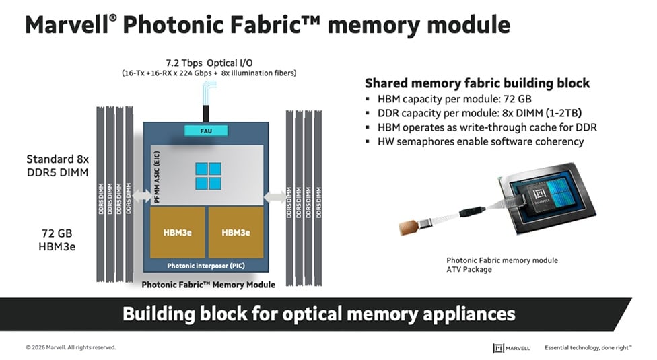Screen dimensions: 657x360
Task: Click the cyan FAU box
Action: (x=206, y=131)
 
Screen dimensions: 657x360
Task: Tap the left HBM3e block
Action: (x=178, y=232)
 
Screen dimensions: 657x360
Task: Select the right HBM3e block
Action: (x=236, y=232)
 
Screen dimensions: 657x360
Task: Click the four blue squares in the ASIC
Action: (x=208, y=176)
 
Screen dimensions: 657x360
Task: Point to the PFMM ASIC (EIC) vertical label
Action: (x=157, y=177)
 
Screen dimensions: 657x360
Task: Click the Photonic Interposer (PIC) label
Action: (x=206, y=266)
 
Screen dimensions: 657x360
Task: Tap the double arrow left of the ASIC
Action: (x=143, y=196)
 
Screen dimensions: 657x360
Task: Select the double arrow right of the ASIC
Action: (x=275, y=196)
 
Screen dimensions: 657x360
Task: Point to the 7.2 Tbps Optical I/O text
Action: (x=209, y=63)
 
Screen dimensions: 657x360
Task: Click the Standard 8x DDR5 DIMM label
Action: (x=58, y=166)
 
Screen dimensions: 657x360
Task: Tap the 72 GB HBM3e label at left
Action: (x=57, y=240)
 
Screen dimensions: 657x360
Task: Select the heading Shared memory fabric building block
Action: (x=477, y=83)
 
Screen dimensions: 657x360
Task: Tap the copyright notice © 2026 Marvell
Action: (x=71, y=347)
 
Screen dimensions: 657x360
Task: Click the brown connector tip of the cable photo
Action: (x=408, y=227)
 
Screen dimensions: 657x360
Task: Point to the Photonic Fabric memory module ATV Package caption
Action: (x=502, y=265)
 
